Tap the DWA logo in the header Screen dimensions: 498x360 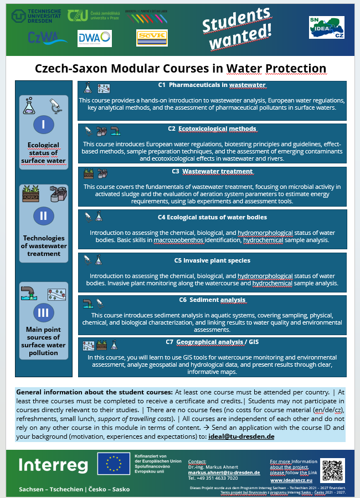click(x=95, y=38)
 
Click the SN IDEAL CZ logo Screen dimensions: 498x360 click(x=326, y=27)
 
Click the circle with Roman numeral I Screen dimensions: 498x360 click(x=43, y=124)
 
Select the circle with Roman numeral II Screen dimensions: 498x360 click(x=43, y=215)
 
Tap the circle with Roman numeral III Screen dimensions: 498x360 click(x=43, y=312)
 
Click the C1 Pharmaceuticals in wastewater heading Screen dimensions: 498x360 click(x=212, y=85)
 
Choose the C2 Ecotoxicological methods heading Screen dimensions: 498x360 click(x=212, y=129)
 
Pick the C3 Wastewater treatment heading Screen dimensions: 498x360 click(x=212, y=172)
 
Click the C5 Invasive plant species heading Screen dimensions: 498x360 click(x=212, y=260)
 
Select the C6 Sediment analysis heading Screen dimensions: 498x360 click(x=212, y=300)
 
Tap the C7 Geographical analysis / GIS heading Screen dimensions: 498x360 click(x=212, y=342)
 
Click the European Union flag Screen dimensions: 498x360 click(x=114, y=464)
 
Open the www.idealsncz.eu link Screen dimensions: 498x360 click(x=293, y=480)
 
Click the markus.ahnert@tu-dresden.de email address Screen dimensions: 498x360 click(x=224, y=472)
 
